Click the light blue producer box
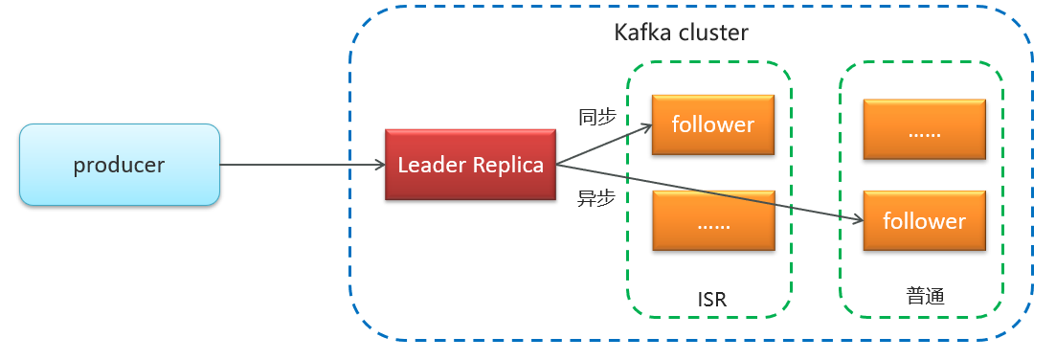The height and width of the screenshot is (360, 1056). click(x=120, y=165)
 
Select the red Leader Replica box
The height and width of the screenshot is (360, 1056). click(x=470, y=165)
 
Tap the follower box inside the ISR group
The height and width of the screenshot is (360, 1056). click(x=712, y=124)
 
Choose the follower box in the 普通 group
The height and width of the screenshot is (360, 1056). click(x=924, y=221)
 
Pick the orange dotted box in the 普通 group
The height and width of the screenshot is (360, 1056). click(x=924, y=128)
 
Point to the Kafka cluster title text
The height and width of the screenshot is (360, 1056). click(x=681, y=33)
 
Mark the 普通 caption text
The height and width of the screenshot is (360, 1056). click(x=925, y=296)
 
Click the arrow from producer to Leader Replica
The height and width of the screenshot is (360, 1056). click(x=302, y=166)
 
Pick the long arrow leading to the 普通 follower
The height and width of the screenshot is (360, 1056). click(x=708, y=192)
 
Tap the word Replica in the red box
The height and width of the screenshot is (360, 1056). click(x=508, y=165)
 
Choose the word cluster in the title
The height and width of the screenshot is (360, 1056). click(x=712, y=33)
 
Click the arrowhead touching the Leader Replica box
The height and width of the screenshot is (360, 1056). click(x=379, y=166)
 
